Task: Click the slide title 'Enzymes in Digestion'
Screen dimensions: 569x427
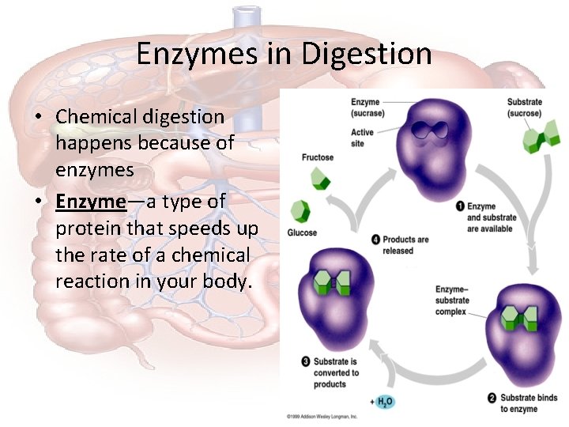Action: [x=284, y=54]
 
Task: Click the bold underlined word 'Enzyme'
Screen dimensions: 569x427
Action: [x=91, y=202]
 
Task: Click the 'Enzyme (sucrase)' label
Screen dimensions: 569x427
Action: [x=366, y=107]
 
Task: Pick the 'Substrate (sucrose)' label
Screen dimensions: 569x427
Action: [x=525, y=107]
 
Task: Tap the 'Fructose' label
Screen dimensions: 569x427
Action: [x=318, y=157]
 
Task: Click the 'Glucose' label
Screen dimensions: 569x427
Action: [x=302, y=232]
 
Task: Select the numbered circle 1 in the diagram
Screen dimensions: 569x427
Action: [x=460, y=206]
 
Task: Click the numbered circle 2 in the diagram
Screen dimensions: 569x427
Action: [x=492, y=398]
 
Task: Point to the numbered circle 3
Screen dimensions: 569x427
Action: [x=306, y=362]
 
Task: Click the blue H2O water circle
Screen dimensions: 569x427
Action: [x=384, y=402]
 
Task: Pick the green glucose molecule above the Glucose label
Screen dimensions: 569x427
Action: [x=300, y=211]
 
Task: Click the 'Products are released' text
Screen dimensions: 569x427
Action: [x=405, y=245]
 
